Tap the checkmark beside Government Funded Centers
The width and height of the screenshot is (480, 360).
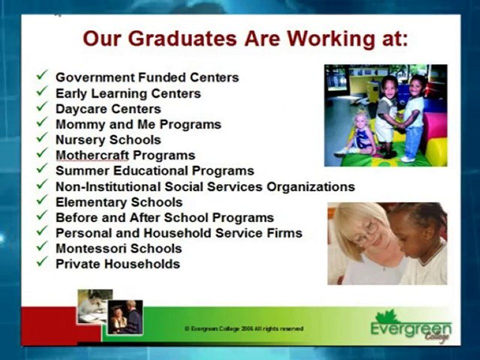[42, 76]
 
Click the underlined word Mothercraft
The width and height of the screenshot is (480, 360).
[85, 155]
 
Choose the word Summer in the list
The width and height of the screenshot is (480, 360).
[81, 170]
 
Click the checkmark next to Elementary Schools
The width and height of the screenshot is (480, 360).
[42, 201]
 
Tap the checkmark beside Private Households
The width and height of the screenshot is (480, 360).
[42, 262]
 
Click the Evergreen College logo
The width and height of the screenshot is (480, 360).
[411, 328]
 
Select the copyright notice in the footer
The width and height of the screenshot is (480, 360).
[244, 329]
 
